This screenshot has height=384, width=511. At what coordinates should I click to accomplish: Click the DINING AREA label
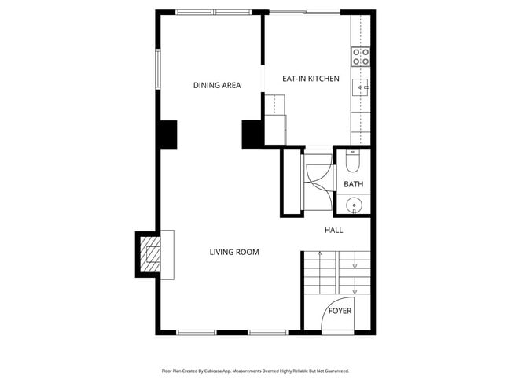coord(217,85)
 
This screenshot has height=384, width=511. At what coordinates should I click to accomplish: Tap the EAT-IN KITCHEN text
coord(311,79)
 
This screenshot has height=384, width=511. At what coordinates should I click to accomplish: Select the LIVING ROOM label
coord(233,252)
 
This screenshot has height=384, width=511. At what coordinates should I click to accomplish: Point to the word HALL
coord(334,230)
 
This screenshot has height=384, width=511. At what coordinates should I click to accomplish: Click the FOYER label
coord(340,311)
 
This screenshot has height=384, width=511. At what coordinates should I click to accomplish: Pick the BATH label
coord(354,185)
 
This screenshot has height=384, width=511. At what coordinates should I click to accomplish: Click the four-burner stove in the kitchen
coord(361,56)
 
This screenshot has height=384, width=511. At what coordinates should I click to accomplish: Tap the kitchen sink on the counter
coord(361,87)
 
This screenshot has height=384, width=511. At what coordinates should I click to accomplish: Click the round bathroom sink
coord(355,206)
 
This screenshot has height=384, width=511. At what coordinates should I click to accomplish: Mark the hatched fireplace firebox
coord(149,254)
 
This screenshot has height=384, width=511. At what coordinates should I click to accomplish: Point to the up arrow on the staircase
coord(320,254)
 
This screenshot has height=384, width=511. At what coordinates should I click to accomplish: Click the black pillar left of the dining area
coord(167,134)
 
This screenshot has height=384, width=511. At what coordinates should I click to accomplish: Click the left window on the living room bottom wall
coord(196,332)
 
